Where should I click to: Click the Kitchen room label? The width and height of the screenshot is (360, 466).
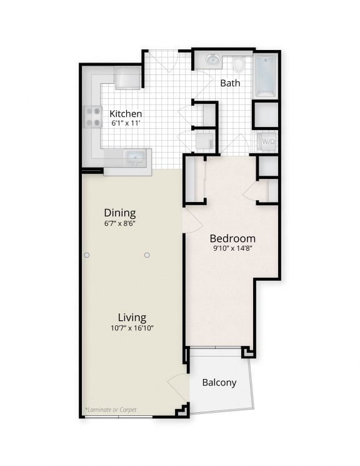(x=126, y=114)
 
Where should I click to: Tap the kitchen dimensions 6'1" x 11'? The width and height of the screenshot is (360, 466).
(x=126, y=123)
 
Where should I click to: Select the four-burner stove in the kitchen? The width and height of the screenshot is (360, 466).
(x=94, y=116)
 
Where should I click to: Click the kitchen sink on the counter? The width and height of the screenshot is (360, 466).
(x=134, y=156)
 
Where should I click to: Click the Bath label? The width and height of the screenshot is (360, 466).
(x=229, y=83)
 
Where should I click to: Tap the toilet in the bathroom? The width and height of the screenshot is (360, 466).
(x=238, y=64)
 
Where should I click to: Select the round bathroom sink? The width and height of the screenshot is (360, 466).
(x=212, y=61)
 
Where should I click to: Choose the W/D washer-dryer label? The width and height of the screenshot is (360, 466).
(x=267, y=141)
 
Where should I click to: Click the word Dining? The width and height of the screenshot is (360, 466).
(x=120, y=213)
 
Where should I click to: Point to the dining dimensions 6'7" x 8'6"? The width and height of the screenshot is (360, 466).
(x=120, y=223)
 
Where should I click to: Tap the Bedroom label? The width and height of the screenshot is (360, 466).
(x=232, y=238)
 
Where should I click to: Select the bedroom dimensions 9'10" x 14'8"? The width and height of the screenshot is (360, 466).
(x=232, y=248)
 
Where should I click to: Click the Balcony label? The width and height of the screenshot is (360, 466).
(x=219, y=382)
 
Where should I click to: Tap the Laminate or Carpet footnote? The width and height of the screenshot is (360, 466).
(x=110, y=410)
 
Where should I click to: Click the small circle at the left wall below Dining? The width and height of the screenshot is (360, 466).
(x=87, y=255)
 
